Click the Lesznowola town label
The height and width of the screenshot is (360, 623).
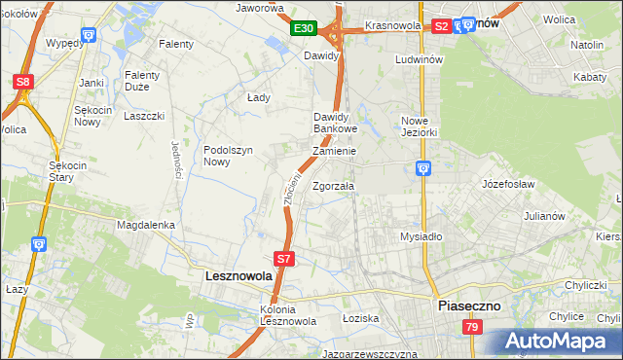tap(238, 276)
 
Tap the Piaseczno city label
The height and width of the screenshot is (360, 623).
tap(468, 305)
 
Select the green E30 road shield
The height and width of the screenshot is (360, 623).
tap(303, 29)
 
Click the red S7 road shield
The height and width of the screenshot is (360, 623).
tap(283, 259)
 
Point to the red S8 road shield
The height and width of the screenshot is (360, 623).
tap(22, 82)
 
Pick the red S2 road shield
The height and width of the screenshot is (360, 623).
tap(440, 27)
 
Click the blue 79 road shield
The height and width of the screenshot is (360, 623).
tap(471, 329)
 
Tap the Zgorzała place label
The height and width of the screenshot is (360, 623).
tap(334, 185)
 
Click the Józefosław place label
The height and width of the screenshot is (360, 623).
tap(509, 183)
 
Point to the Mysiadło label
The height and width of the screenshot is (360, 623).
tap(421, 236)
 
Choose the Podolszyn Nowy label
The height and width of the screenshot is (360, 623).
tap(229, 156)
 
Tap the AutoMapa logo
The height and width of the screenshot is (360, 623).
tap(558, 342)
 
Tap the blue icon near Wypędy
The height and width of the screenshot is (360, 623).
tap(89, 35)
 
